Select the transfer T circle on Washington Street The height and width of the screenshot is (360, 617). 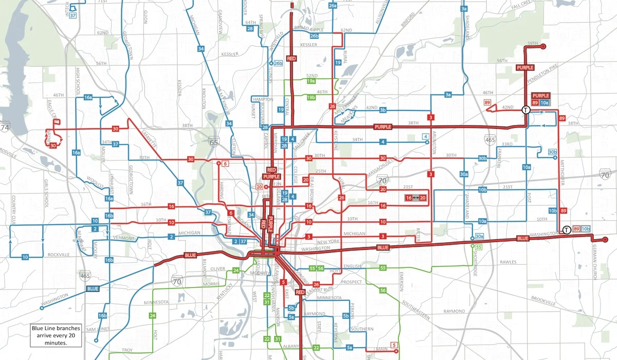566,230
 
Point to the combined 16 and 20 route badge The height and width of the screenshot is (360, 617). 416,197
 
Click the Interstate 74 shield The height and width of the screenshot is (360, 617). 5,127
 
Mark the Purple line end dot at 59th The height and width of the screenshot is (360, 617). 542,47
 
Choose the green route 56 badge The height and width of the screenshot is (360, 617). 383,291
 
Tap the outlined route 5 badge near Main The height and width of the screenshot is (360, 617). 394,345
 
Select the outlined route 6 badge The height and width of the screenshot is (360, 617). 225,163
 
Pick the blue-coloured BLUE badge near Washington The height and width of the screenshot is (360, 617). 93,289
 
